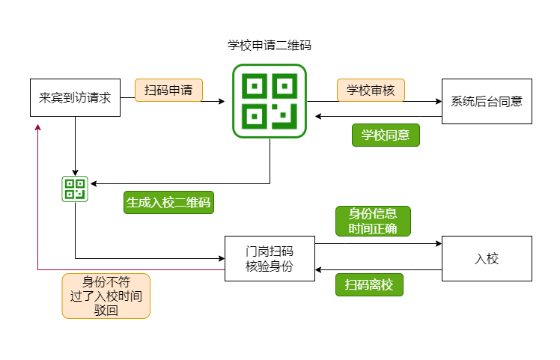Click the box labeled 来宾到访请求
75,97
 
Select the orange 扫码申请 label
168,91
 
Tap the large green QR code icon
270,101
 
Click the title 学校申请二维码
270,45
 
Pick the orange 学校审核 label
371,91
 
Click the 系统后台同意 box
487,101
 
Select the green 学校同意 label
386,135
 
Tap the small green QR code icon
75,189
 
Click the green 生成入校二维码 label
168,202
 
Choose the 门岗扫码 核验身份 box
270,259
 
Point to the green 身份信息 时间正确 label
373,221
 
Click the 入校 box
487,259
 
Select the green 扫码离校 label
369,284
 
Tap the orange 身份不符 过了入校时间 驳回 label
106,296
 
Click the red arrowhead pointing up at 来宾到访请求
37,129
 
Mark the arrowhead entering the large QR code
221,101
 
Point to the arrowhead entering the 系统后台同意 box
438,101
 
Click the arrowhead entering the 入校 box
438,243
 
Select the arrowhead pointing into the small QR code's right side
93,183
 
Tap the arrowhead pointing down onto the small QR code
75,172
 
